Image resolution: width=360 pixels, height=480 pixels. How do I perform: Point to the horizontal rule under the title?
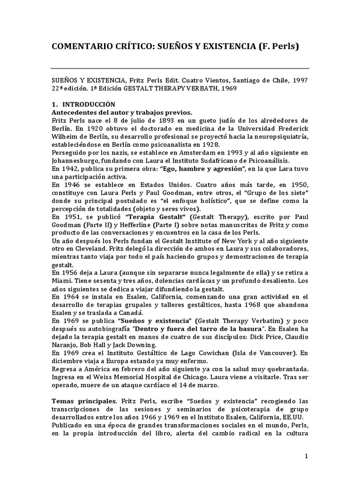tap(180, 68)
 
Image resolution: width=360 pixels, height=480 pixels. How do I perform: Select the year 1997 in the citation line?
tap(299, 81)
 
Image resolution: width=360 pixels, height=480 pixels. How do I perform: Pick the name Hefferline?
tap(112, 225)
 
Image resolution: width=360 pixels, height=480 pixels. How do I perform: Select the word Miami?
tap(60, 281)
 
